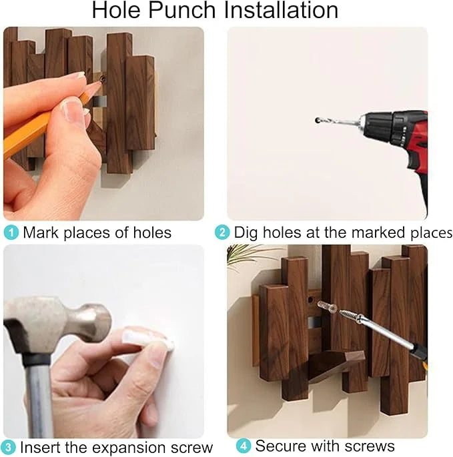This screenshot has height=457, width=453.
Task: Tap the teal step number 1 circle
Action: pyautogui.click(x=11, y=232)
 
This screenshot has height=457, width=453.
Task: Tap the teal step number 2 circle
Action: pyautogui.click(x=222, y=232)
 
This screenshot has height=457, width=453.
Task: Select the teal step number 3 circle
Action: pyautogui.click(x=9, y=447)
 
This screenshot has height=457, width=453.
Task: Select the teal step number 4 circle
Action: pyautogui.click(x=244, y=446)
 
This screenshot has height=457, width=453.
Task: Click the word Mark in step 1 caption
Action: pyautogui.click(x=39, y=232)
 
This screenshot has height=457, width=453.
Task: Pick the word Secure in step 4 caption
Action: pyautogui.click(x=280, y=446)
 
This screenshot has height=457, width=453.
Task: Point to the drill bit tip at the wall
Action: pyautogui.click(x=318, y=121)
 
